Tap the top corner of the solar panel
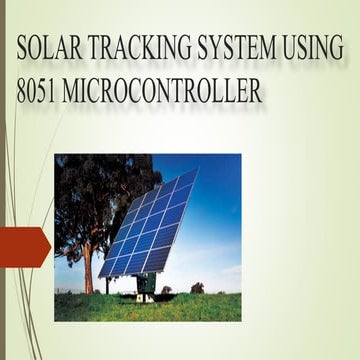196,171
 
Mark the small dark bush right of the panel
197,288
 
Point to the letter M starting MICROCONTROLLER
79,91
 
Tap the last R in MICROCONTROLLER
256,91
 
